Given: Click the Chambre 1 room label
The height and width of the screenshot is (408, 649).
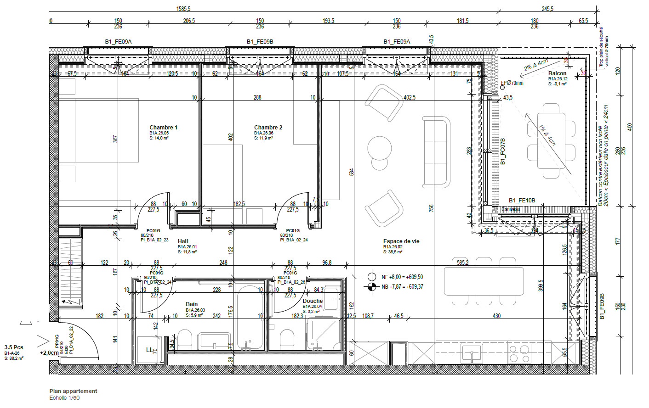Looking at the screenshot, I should [163, 128].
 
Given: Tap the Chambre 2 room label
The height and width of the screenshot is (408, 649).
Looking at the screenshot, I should [268, 128].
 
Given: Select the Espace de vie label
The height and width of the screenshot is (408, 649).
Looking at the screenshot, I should [401, 241].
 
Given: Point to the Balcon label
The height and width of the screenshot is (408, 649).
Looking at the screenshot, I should [557, 73].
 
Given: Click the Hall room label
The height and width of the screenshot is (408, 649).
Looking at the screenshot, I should [183, 241].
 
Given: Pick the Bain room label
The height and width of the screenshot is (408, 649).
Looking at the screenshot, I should [192, 304].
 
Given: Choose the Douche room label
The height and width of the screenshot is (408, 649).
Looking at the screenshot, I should [313, 301].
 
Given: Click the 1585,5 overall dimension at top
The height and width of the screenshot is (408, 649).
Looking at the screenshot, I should [183, 9].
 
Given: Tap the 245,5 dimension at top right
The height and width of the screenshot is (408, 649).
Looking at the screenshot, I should [547, 9].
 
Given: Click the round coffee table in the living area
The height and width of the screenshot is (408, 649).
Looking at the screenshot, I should [380, 148].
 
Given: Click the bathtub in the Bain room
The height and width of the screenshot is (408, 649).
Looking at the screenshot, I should [249, 317].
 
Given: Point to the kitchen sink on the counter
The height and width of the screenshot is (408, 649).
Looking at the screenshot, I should [472, 353].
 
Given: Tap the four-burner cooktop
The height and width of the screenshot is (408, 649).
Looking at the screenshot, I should [519, 353].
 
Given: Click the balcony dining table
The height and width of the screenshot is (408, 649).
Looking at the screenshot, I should [551, 140].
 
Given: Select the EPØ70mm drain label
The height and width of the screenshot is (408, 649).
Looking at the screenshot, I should [512, 83].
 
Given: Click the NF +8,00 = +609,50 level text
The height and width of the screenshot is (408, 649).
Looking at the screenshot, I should [402, 277].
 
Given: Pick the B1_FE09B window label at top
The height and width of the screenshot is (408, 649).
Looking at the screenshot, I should [260, 42].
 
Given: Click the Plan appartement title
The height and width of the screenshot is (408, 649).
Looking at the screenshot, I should [74, 391].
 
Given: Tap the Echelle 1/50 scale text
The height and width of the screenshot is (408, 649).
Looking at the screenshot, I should [64, 398].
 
